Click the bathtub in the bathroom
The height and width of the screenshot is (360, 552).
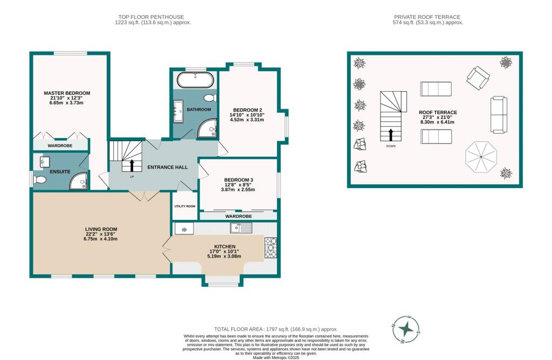coord(195,80)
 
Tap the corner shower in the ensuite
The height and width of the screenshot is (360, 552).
coord(79,181)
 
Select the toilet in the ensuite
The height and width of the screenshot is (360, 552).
coord(39,180)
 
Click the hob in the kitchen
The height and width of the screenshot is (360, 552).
coord(271,248)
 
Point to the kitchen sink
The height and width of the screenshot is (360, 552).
coord(241,227)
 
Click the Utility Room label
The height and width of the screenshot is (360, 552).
coord(185,206)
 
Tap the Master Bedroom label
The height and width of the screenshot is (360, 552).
coord(67,93)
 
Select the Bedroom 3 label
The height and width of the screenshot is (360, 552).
coord(239,180)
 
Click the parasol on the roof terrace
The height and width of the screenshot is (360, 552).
coord(481,157)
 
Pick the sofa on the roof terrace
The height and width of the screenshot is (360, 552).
coord(499,115)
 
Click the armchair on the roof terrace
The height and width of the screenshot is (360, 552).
coord(478,78)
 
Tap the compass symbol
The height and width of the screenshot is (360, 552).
coord(406,329)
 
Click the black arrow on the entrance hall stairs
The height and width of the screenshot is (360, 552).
coord(132,165)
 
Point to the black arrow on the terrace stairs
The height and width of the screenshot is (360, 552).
coord(390,135)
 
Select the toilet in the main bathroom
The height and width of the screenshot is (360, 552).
coord(211,98)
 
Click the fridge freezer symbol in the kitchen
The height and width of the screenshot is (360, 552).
coord(184,229)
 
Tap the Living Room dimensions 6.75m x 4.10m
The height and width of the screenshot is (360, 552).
coord(101,239)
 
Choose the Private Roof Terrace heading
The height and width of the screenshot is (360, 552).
coord(427,17)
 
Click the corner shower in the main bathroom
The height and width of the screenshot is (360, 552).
coord(207,128)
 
